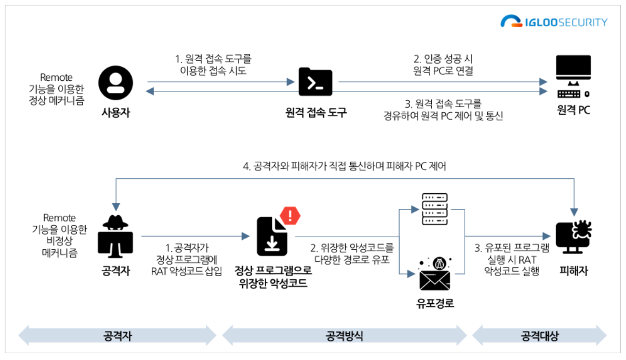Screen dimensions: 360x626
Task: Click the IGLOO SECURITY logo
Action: pyautogui.click(x=554, y=22)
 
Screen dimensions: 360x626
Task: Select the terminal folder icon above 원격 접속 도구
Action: pyautogui.click(x=315, y=82)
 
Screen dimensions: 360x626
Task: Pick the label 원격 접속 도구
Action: pyautogui.click(x=316, y=112)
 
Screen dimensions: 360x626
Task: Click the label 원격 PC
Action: pyautogui.click(x=574, y=111)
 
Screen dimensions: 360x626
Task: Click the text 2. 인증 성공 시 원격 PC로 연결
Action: pyautogui.click(x=443, y=65)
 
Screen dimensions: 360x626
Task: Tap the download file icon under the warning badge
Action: pyautogui.click(x=272, y=237)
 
